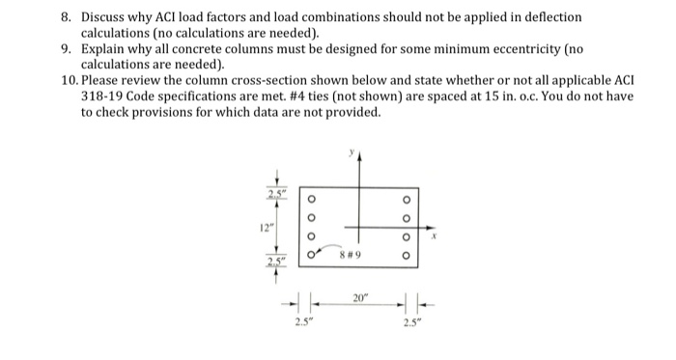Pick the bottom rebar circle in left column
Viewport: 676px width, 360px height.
pos(310,256)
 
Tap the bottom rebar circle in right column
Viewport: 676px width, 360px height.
pos(405,256)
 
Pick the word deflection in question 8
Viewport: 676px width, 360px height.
pos(551,18)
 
